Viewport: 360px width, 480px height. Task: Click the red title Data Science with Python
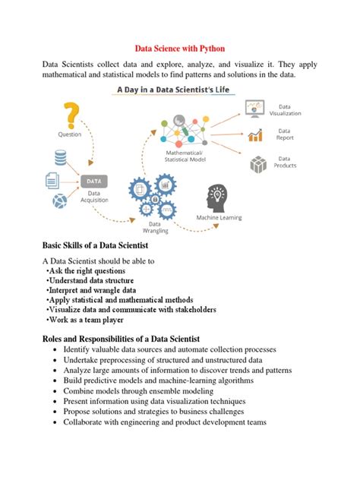click(x=179, y=46)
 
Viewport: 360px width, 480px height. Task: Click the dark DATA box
click(x=94, y=182)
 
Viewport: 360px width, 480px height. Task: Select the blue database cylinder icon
click(x=60, y=159)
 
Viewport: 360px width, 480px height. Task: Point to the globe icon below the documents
click(x=59, y=202)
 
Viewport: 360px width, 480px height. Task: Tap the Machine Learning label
click(x=219, y=217)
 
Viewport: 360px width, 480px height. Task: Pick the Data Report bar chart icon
click(x=255, y=135)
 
